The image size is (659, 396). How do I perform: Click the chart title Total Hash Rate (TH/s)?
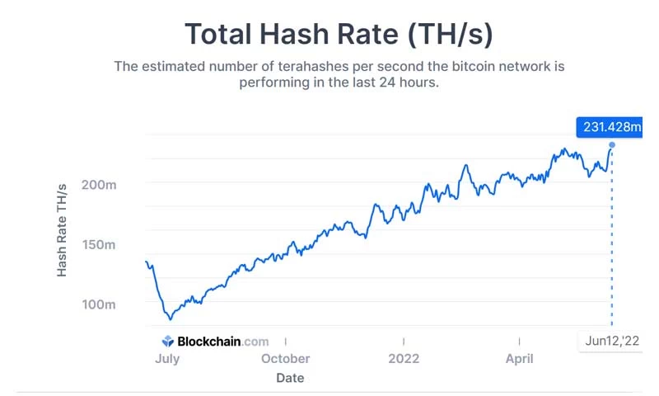click(339, 35)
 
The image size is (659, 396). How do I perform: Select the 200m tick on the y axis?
click(100, 185)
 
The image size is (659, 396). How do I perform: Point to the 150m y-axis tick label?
click(100, 245)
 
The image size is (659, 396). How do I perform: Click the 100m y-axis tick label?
click(100, 305)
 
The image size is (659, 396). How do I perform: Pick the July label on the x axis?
click(167, 359)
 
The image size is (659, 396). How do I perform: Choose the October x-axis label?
click(285, 359)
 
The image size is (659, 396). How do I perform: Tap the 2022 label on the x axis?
click(404, 359)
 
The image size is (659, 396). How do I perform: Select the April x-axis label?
click(519, 359)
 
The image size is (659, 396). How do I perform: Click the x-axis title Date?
click(290, 378)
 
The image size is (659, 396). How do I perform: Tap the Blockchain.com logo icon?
click(167, 341)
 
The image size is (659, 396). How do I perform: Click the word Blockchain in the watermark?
click(209, 341)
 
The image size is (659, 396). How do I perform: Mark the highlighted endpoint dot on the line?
click(611, 145)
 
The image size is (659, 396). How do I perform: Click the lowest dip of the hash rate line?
click(171, 318)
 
